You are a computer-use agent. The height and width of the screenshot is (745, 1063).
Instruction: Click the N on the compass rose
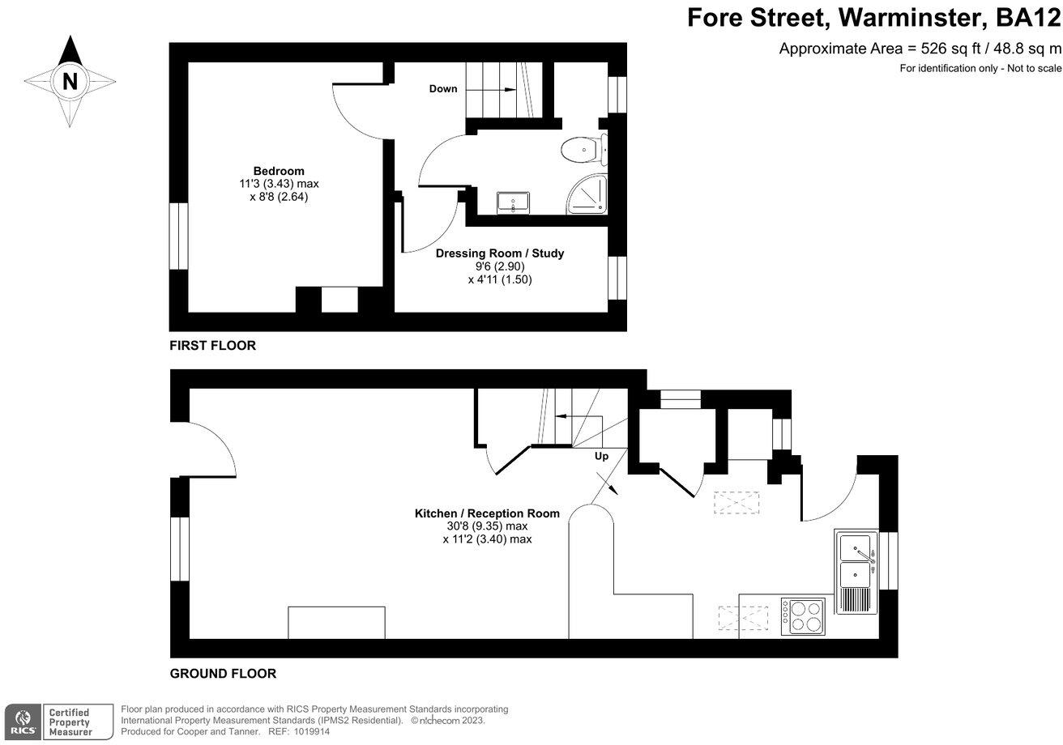(x=70, y=81)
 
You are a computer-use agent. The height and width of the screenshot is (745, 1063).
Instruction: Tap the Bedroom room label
(x=279, y=171)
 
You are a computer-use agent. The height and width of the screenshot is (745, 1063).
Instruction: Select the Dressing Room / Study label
(x=499, y=253)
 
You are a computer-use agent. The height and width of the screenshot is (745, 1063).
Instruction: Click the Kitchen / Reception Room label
(x=487, y=513)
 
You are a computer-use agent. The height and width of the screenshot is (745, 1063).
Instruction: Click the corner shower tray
(x=586, y=196)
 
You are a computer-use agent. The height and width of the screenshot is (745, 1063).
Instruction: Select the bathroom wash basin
(x=514, y=202)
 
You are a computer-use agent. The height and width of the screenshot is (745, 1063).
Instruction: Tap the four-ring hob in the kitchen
(x=803, y=616)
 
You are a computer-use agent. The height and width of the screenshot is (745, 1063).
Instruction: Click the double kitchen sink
(x=856, y=561)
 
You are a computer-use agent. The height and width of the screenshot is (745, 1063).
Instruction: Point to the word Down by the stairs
(x=443, y=89)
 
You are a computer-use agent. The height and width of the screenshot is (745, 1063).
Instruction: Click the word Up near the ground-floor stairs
(x=601, y=457)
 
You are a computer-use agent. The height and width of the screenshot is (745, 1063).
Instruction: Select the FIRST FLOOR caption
(x=212, y=346)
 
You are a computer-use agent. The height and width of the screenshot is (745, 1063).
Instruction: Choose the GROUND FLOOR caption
(x=223, y=674)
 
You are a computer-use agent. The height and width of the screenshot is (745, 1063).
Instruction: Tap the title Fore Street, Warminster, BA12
(x=873, y=17)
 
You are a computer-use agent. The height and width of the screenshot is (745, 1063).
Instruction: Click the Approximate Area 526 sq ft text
(x=919, y=49)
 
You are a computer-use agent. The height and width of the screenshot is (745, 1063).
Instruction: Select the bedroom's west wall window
(x=178, y=236)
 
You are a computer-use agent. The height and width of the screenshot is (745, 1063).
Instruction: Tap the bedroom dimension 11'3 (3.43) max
(x=279, y=184)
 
